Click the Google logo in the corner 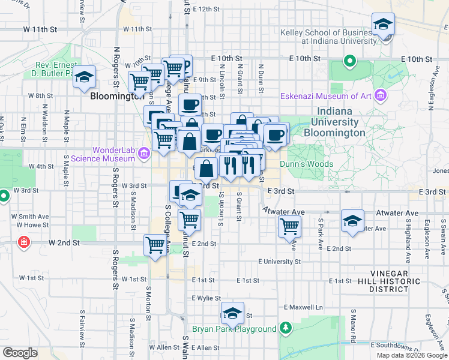tap(20, 352)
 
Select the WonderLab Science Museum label tap(101, 154)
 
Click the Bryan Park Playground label tap(234, 329)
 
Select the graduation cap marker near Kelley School tap(383, 24)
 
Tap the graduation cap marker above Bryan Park tap(232, 313)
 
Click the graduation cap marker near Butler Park tap(85, 77)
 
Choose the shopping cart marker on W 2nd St tap(155, 245)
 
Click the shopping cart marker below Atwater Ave tap(289, 227)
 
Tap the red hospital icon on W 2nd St tap(23, 242)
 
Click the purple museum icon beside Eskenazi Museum tap(379, 95)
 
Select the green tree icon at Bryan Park tap(286, 328)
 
